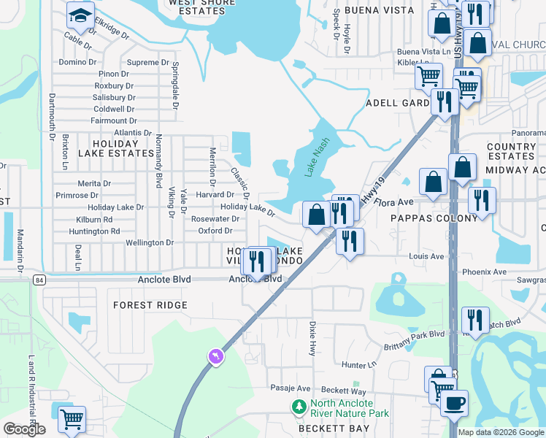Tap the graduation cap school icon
click(80, 15)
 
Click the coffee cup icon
click(453, 402)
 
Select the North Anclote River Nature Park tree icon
click(299, 407)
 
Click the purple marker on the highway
click(216, 356)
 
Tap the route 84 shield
click(39, 280)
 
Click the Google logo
click(24, 429)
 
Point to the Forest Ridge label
click(150, 305)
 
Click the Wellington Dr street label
click(150, 242)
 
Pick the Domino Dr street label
click(78, 62)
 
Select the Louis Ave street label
click(427, 257)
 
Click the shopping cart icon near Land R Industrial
click(72, 419)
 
